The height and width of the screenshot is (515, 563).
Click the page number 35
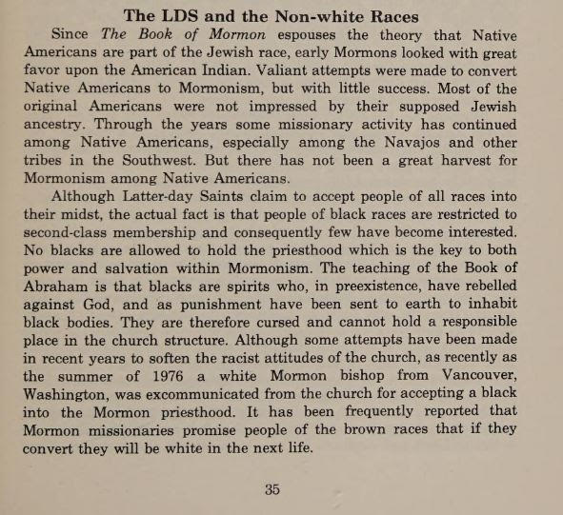pyautogui.click(x=271, y=490)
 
